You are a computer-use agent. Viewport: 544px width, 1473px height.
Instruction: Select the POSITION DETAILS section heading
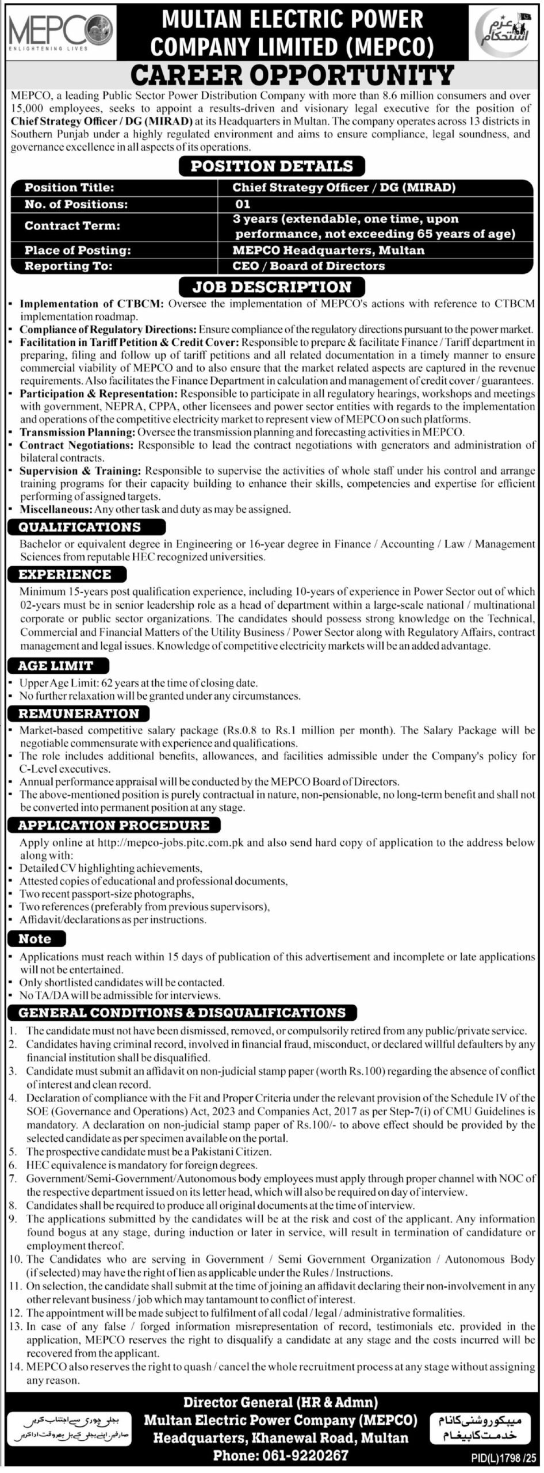(272, 166)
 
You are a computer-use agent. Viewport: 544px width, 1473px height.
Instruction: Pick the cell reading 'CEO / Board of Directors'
(308, 266)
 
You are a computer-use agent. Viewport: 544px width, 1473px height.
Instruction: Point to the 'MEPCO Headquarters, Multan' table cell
(328, 250)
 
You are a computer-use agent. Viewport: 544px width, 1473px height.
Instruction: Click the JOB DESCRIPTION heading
(272, 287)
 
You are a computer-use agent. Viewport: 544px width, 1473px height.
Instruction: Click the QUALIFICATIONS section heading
(79, 527)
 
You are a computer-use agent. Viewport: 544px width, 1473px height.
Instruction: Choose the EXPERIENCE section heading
(65, 574)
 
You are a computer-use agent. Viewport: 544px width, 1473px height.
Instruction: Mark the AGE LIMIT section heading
(56, 666)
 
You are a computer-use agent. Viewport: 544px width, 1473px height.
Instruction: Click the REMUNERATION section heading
(79, 713)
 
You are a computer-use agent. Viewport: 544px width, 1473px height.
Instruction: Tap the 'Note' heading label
(35, 939)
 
